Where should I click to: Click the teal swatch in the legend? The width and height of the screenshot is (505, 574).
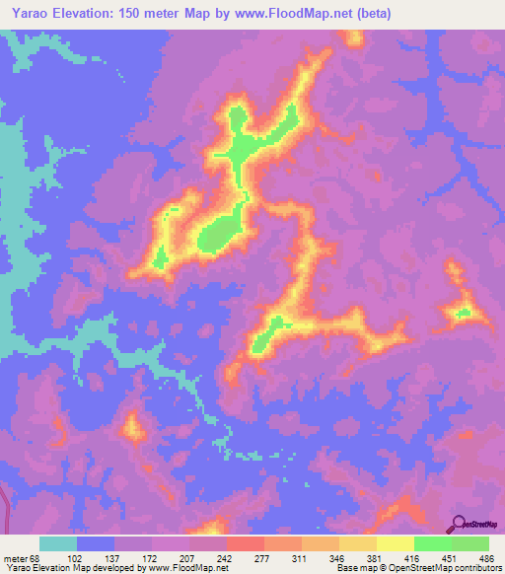point(58,543)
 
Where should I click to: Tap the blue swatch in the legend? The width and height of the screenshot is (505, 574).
point(96,543)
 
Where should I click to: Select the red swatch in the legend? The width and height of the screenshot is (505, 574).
point(245,543)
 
